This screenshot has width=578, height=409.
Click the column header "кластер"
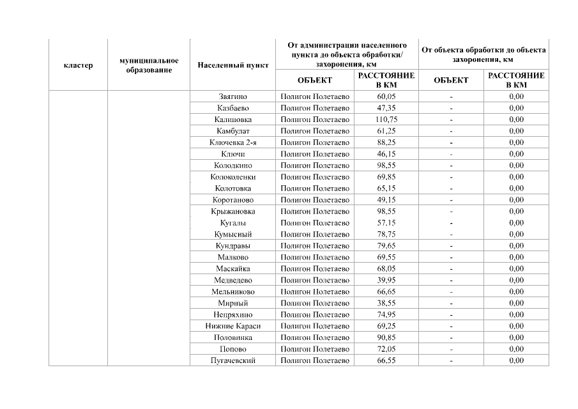click(78, 65)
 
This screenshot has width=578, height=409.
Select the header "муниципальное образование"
click(149, 65)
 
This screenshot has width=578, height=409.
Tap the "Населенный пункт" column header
click(233, 65)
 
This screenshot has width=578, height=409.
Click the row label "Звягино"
click(233, 96)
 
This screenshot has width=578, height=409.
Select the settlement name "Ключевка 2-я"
click(233, 143)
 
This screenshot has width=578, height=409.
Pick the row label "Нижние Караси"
click(233, 326)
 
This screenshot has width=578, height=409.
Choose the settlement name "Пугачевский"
click(233, 360)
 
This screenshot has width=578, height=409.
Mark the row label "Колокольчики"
click(233, 177)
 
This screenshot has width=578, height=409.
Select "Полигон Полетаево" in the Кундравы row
click(316, 245)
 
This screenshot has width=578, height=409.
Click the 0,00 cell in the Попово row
click(516, 349)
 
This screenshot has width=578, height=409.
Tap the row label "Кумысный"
click(233, 234)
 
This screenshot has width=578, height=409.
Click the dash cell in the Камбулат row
click(451, 131)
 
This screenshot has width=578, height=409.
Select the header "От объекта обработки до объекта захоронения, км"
click(483, 54)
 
